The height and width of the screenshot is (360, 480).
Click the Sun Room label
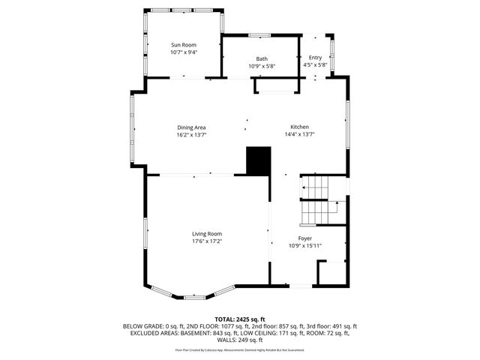tap(183, 45)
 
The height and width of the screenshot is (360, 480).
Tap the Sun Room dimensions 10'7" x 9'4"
tap(183, 52)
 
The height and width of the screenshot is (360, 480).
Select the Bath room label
tap(262, 58)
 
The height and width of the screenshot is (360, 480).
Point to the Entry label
tap(315, 57)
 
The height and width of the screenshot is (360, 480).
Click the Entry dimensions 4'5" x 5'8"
tap(315, 65)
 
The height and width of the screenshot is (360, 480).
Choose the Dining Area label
tap(191, 127)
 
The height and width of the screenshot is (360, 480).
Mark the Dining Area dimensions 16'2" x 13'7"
tap(191, 135)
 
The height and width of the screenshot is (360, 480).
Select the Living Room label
tap(207, 233)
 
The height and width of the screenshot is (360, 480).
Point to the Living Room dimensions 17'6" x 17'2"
tap(207, 241)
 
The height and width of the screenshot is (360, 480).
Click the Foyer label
tap(305, 238)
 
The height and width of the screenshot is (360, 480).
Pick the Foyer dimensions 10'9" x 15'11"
tap(305, 245)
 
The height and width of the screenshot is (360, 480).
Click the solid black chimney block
tap(257, 160)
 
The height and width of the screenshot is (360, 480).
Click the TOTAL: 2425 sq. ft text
tap(240, 319)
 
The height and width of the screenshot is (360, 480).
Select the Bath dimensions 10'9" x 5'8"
tap(262, 66)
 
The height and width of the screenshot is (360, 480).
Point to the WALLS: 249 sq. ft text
tap(240, 339)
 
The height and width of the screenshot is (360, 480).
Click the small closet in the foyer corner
tap(331, 272)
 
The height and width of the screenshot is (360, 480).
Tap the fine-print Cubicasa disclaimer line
tap(240, 349)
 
